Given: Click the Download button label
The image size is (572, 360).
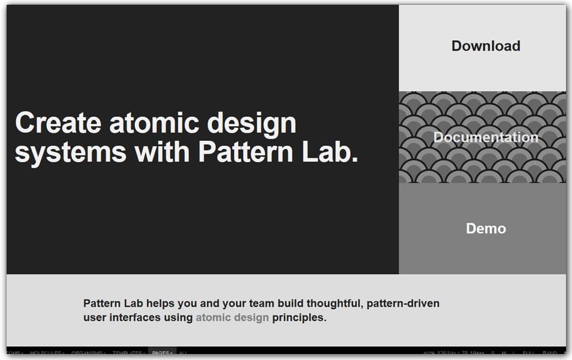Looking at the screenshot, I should (x=486, y=46).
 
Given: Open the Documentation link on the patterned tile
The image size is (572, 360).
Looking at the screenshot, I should (x=486, y=137).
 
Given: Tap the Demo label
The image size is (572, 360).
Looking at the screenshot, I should (x=486, y=229).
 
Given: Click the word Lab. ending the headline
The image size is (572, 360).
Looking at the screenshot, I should (x=333, y=152).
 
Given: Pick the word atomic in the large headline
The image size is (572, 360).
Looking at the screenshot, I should (x=153, y=124).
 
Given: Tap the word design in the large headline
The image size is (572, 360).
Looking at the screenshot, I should (x=252, y=124).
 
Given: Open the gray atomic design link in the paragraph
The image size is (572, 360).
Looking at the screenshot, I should (x=232, y=317).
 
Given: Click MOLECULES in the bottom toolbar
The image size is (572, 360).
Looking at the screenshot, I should (x=47, y=353).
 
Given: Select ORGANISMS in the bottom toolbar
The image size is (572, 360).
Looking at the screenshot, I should (x=88, y=353).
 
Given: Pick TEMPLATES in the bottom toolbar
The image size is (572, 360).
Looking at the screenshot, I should (x=128, y=353).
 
